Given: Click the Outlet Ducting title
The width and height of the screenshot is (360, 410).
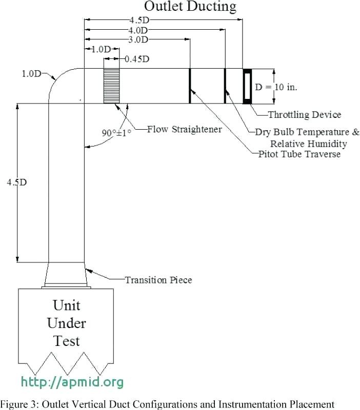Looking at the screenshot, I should [x=190, y=7].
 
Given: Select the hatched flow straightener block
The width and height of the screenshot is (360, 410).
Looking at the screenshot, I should [x=112, y=85].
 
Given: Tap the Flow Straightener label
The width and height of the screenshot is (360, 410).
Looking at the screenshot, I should [x=184, y=129].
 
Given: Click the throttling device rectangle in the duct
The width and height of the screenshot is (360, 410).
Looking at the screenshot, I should [x=248, y=86].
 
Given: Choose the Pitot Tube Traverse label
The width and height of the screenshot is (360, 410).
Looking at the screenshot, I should [x=299, y=154].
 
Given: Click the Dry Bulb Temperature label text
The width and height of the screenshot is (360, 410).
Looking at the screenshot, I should [x=307, y=132].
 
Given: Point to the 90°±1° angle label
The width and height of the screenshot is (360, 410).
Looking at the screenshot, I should [x=116, y=133].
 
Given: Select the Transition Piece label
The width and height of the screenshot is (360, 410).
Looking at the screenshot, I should [x=158, y=280].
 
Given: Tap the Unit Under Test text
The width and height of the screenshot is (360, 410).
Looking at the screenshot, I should [x=67, y=323].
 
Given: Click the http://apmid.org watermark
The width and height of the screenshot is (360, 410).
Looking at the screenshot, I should [x=72, y=382].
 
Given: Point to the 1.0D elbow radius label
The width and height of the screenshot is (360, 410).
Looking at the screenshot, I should [x=31, y=74].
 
